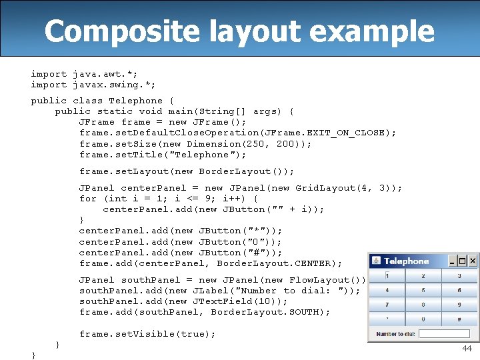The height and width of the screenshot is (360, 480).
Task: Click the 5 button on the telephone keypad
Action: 423,291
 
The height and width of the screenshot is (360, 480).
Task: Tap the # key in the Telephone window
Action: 459,320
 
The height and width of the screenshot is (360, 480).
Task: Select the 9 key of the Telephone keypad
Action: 459,305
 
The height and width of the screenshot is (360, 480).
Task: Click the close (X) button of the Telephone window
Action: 472,261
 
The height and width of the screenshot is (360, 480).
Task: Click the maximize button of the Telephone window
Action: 463,261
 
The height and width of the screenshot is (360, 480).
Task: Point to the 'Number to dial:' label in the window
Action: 395,334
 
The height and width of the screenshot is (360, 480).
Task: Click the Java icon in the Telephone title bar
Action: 376,261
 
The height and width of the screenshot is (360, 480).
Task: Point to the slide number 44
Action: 467,349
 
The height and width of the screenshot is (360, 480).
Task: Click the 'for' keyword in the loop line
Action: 88,199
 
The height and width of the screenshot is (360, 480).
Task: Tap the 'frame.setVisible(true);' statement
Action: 147,334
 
